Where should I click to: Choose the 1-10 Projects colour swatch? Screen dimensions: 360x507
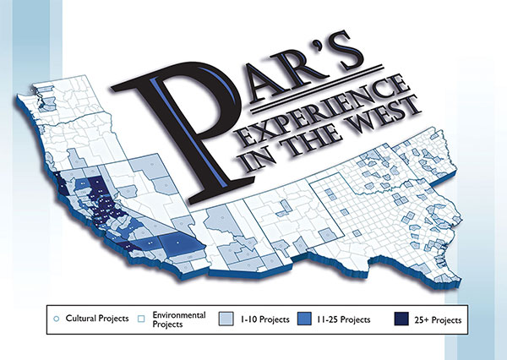coord(226,319)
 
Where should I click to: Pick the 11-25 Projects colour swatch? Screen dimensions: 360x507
coord(306,319)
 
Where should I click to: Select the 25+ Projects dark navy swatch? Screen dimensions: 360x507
coord(401,319)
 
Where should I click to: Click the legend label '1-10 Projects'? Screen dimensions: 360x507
coord(264,319)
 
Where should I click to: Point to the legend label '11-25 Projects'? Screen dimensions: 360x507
coord(346,319)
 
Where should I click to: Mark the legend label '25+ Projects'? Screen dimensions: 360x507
coord(436,319)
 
